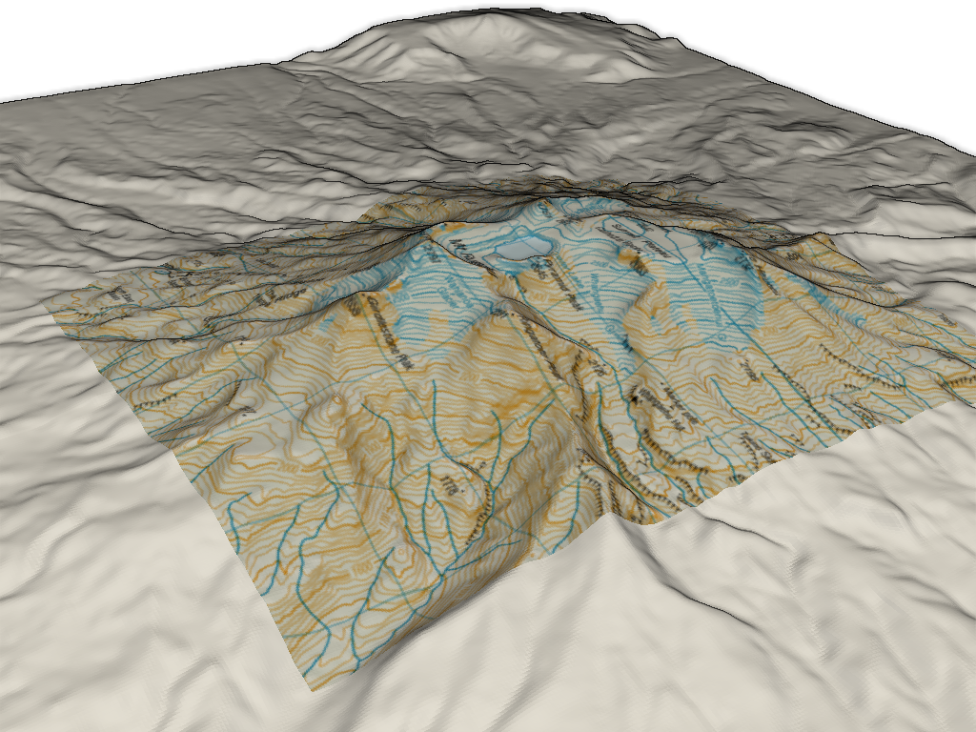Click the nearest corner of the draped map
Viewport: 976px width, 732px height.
[306, 684]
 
